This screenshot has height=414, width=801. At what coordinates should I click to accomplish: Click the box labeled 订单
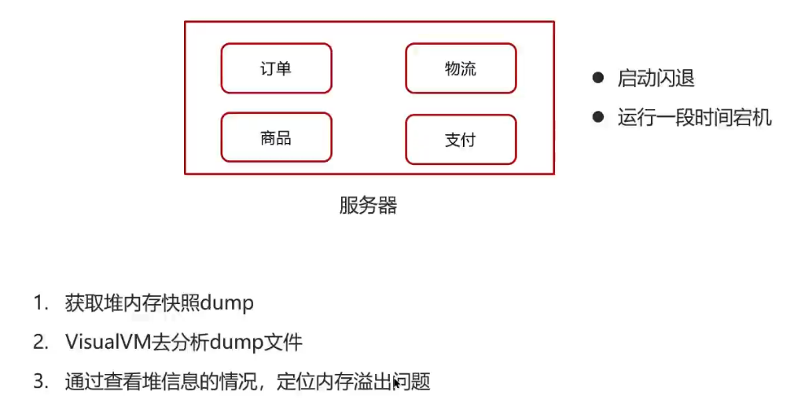276,68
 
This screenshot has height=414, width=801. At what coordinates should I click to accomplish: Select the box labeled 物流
461,68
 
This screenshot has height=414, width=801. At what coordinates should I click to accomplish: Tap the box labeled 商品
276,138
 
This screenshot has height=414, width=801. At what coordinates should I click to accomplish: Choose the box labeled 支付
461,140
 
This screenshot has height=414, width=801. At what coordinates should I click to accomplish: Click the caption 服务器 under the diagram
368,206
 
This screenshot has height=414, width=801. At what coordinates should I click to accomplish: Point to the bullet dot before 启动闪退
599,78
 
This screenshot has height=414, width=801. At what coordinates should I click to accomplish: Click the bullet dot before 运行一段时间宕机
599,117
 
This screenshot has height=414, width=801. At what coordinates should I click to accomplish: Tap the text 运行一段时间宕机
694,118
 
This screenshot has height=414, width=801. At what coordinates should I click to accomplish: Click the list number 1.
39,304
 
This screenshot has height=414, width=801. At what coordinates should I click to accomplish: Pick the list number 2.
39,343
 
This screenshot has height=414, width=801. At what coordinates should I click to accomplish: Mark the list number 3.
39,383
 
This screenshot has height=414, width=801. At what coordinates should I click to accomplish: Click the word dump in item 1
228,304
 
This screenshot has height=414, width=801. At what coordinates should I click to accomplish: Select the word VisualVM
105,343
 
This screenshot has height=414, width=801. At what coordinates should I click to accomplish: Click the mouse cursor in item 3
396,384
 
